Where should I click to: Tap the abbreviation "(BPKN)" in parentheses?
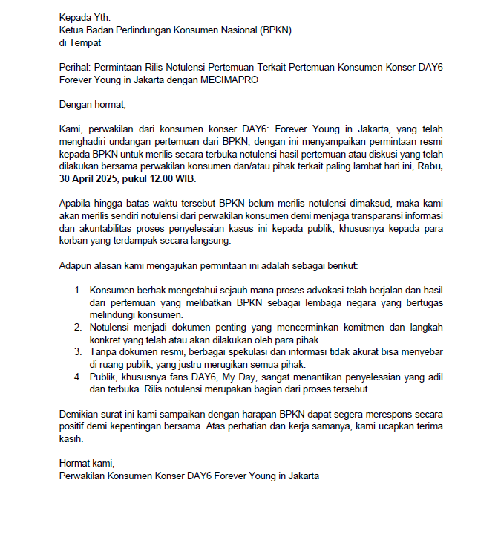pyautogui.click(x=275, y=30)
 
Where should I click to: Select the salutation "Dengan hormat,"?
pyautogui.click(x=93, y=104)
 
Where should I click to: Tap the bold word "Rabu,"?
pyautogui.click(x=430, y=166)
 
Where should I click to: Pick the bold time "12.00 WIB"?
pyautogui.click(x=173, y=179)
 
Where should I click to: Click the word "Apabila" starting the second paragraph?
pyautogui.click(x=76, y=204)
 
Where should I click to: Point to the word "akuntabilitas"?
pyautogui.click(x=104, y=229)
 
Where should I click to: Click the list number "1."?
pyautogui.click(x=78, y=291)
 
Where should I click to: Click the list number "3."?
pyautogui.click(x=78, y=353)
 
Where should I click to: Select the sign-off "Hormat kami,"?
pyautogui.click(x=87, y=464)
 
